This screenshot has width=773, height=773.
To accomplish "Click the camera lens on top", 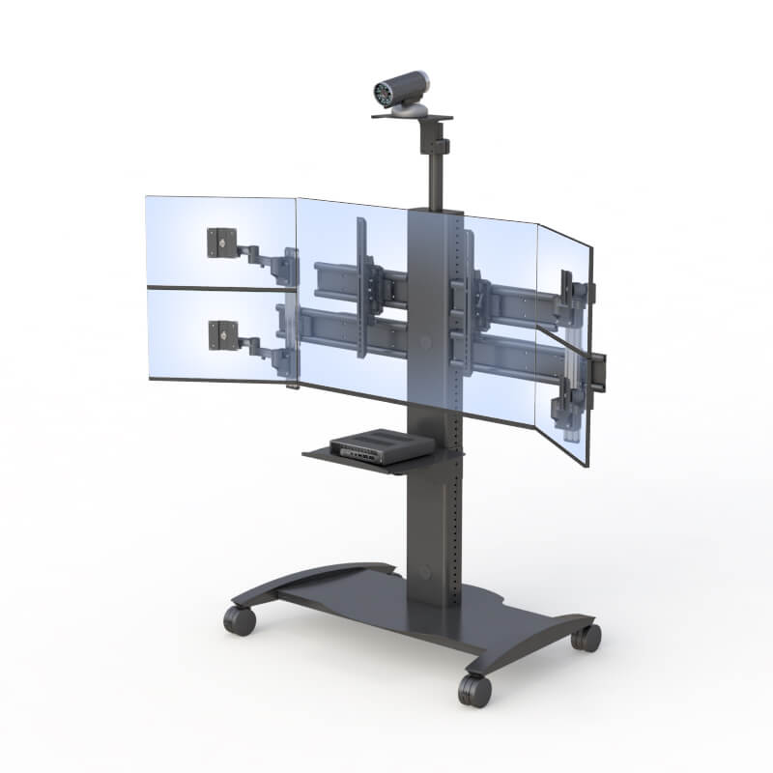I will click(x=381, y=95).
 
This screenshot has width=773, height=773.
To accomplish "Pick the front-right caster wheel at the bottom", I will click(x=474, y=689).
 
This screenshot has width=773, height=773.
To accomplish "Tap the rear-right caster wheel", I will click(x=586, y=636).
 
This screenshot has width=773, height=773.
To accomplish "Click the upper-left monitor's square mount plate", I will click(x=220, y=242).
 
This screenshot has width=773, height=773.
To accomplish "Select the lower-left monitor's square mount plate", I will click(x=221, y=334).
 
